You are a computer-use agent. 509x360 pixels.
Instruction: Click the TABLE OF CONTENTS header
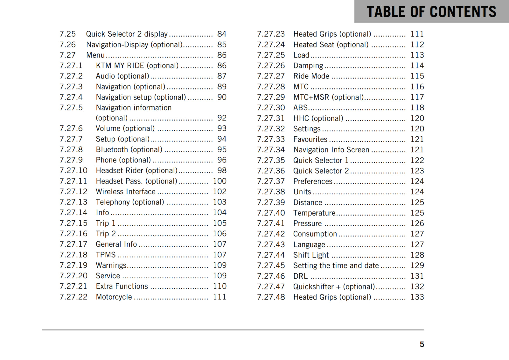pos(431,12)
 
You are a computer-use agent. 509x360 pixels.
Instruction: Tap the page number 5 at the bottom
pos(422,344)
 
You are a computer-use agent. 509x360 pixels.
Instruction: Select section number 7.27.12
pos(73,191)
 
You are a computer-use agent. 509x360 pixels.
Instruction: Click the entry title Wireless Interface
pos(126,191)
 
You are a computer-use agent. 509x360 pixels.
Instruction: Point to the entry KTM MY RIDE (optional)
pos(137,66)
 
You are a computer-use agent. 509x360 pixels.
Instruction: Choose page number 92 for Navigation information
pos(222,118)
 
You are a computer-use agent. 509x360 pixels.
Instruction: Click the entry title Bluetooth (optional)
pos(129,149)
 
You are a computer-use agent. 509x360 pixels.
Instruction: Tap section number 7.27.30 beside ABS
pos(271,107)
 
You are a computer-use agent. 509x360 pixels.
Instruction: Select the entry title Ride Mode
pos(311,76)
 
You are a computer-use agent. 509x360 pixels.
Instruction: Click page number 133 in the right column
pos(417,297)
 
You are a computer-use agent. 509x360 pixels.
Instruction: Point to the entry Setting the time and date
pos(336,266)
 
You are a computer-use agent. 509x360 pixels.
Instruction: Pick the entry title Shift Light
pos(311,255)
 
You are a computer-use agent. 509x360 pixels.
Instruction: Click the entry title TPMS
pos(106,255)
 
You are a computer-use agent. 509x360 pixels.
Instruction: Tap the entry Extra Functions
pos(122,286)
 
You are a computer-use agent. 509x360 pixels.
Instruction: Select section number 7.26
pos(67,45)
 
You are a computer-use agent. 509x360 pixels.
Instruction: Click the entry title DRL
pos(300,276)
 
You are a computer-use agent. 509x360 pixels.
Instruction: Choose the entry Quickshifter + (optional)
pos(334,287)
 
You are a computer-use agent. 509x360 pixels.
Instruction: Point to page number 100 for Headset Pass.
pos(220,181)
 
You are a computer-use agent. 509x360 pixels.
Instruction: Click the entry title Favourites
pos(310,139)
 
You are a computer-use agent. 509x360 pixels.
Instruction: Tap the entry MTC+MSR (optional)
pos(328,97)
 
